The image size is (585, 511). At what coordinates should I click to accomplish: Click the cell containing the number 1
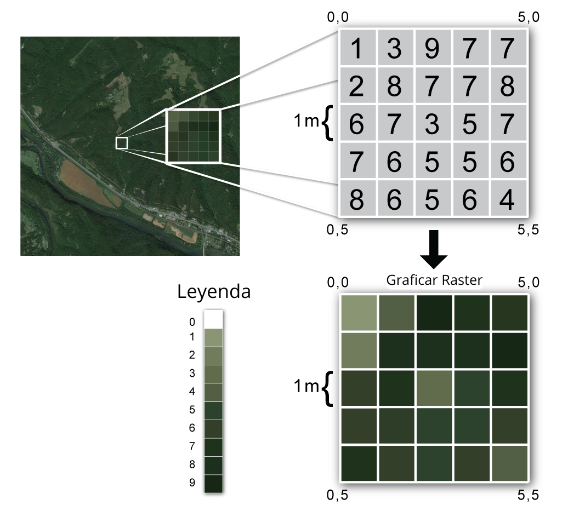pos(356,48)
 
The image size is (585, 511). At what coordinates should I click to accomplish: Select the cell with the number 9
pos(432,48)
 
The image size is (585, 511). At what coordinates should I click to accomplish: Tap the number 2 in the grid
pos(356,85)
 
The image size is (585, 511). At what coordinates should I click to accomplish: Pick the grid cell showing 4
pos(508,199)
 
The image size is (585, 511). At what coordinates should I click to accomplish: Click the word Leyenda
pos(214,292)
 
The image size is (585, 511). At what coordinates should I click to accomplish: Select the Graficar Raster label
pos(434,280)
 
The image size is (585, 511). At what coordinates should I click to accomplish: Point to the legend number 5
pos(192,410)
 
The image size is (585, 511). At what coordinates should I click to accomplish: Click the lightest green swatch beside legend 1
pos(213,337)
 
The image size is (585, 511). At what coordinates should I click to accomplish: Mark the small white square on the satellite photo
pos(122,143)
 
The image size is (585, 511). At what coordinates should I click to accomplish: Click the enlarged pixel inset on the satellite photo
pos(192,136)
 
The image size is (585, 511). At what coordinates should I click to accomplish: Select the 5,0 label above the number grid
pos(529,18)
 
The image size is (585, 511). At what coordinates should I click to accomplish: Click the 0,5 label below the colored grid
pos(338,496)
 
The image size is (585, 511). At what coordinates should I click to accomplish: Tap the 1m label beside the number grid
pos(305,120)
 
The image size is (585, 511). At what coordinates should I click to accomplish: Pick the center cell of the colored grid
pos(434,388)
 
